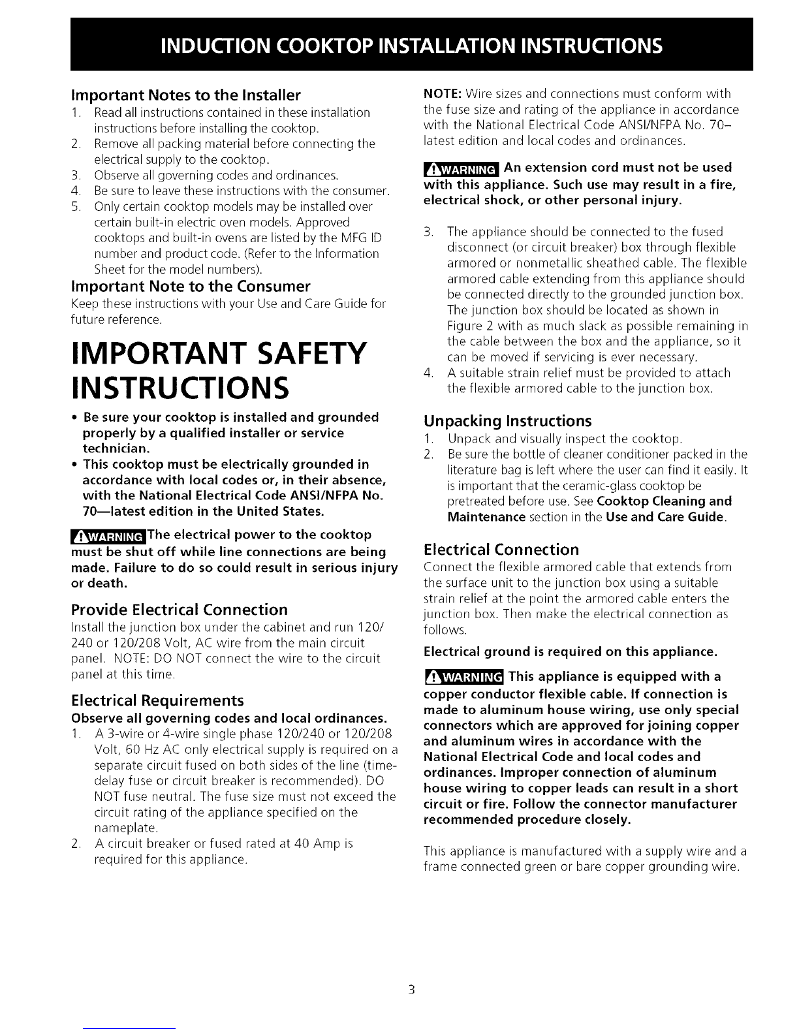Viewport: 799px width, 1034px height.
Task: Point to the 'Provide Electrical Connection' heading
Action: [179, 610]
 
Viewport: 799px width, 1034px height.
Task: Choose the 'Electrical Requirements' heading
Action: [157, 700]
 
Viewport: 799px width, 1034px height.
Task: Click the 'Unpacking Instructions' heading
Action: [507, 420]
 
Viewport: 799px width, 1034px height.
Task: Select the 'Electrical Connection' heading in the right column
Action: [501, 549]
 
